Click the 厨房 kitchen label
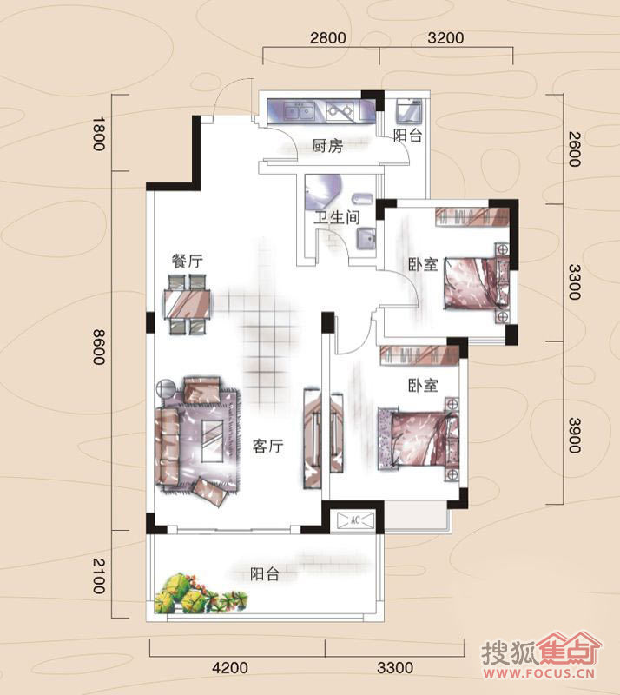click(327, 146)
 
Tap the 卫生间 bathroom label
click(337, 217)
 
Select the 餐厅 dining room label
click(188, 261)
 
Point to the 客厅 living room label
click(268, 446)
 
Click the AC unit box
click(355, 520)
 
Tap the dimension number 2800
click(328, 38)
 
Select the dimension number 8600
click(99, 347)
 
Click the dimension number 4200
click(230, 668)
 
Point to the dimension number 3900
click(574, 435)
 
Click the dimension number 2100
click(99, 576)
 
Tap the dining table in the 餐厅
click(188, 304)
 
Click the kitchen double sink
click(299, 111)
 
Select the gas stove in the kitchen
click(340, 111)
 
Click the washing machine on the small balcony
click(409, 111)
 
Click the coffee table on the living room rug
click(213, 440)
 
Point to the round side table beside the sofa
click(166, 387)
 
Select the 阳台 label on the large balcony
click(265, 574)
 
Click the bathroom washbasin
click(367, 240)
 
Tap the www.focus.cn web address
click(539, 674)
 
